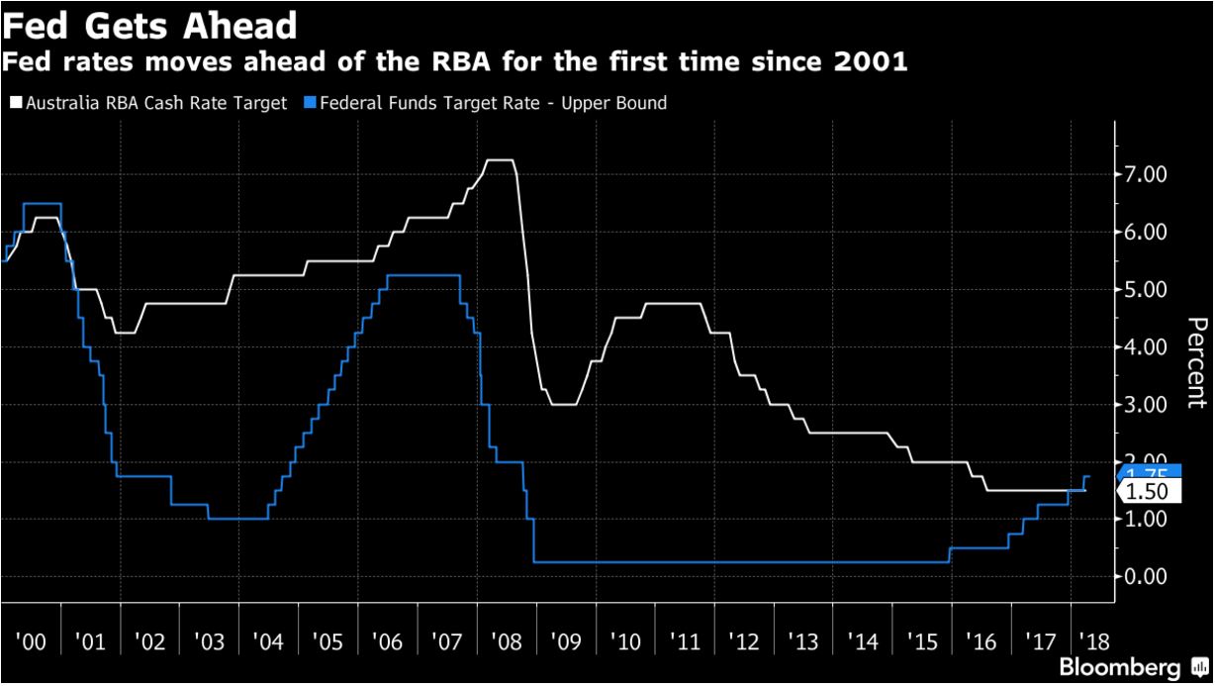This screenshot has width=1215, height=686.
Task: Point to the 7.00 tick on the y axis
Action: (x=1147, y=175)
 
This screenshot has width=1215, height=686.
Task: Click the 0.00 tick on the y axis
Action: (x=1147, y=576)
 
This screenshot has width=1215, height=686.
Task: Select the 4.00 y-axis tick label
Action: (x=1147, y=347)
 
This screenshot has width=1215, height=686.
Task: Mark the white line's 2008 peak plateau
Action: (x=501, y=159)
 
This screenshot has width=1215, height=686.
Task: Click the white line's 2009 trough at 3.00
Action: (x=562, y=404)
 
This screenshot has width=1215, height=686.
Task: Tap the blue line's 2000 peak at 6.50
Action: (x=42, y=203)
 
